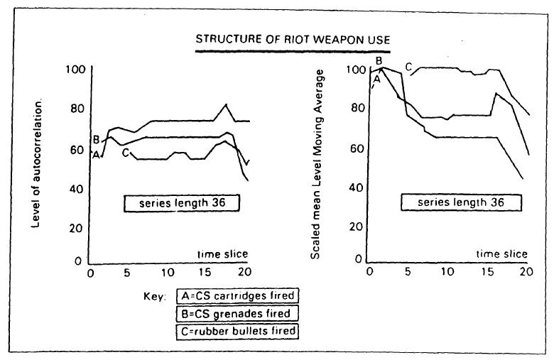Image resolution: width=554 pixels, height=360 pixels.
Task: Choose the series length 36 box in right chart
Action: pos(460,202)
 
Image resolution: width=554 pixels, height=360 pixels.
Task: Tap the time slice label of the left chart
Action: pos(222,254)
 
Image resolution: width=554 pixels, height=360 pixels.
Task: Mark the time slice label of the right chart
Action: pos(501,253)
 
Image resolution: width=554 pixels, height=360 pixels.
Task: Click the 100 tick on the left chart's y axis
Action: pos(74,70)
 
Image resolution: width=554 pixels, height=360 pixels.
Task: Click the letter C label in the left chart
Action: pos(126,152)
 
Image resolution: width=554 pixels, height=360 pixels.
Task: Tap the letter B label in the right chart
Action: pos(379,60)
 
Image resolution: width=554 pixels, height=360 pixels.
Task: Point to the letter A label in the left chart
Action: pos(95,154)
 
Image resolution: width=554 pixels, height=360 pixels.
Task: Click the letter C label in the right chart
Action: pos(408,67)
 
